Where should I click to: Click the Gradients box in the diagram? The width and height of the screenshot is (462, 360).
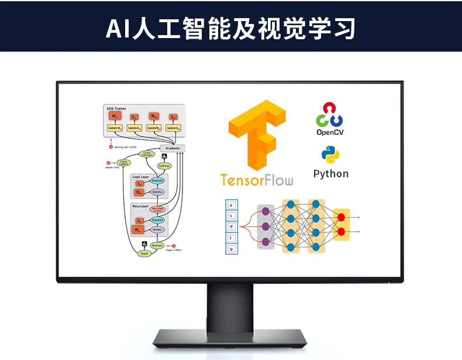173,148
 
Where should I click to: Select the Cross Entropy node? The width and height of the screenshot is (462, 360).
147,154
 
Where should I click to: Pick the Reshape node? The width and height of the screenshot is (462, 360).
157,246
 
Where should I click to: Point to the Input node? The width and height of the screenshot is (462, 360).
144,253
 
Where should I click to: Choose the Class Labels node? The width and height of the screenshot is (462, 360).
123,163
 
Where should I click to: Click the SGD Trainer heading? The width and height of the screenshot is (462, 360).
116,108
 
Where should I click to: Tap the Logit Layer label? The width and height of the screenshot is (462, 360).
141,176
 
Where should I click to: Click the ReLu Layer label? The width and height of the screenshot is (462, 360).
140,207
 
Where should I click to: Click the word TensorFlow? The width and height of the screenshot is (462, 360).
257,179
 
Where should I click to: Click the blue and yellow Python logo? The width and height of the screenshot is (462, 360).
330,155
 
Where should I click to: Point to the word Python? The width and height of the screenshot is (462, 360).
330,174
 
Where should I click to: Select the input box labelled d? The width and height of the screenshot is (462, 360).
232,226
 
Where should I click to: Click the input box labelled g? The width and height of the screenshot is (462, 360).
232,249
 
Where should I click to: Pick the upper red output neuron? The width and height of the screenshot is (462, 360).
341,218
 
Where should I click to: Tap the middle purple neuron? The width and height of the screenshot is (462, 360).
266,226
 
